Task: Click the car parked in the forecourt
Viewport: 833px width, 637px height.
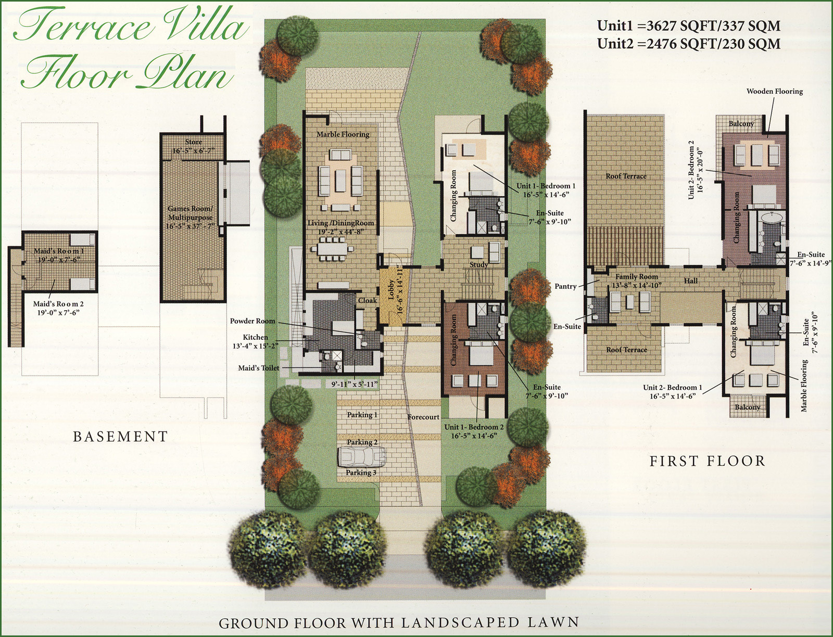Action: point(362,456)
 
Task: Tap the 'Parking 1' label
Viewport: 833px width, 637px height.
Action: point(362,415)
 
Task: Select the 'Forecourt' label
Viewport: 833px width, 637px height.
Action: point(423,417)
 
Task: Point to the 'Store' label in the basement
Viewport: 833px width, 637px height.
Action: point(194,142)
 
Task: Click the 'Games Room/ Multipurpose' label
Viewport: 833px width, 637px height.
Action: point(190,213)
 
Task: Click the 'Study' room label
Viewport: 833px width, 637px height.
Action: point(478,264)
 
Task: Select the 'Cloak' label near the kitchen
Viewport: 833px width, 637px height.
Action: point(368,300)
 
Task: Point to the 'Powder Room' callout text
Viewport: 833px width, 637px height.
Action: point(253,321)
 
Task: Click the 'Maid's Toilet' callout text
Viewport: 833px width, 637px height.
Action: point(258,367)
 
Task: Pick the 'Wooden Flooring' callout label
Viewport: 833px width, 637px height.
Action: point(775,92)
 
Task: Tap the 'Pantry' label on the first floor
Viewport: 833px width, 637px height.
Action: point(565,286)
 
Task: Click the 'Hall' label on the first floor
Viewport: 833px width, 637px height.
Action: point(691,281)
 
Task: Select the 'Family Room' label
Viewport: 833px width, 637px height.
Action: point(636,276)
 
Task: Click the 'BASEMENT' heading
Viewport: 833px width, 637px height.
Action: point(120,436)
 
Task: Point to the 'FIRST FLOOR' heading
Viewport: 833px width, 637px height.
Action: point(708,461)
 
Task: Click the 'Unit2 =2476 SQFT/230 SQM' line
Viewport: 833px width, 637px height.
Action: point(689,44)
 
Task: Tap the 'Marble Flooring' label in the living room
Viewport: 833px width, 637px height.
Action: point(343,134)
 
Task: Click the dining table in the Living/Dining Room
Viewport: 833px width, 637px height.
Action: point(333,249)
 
